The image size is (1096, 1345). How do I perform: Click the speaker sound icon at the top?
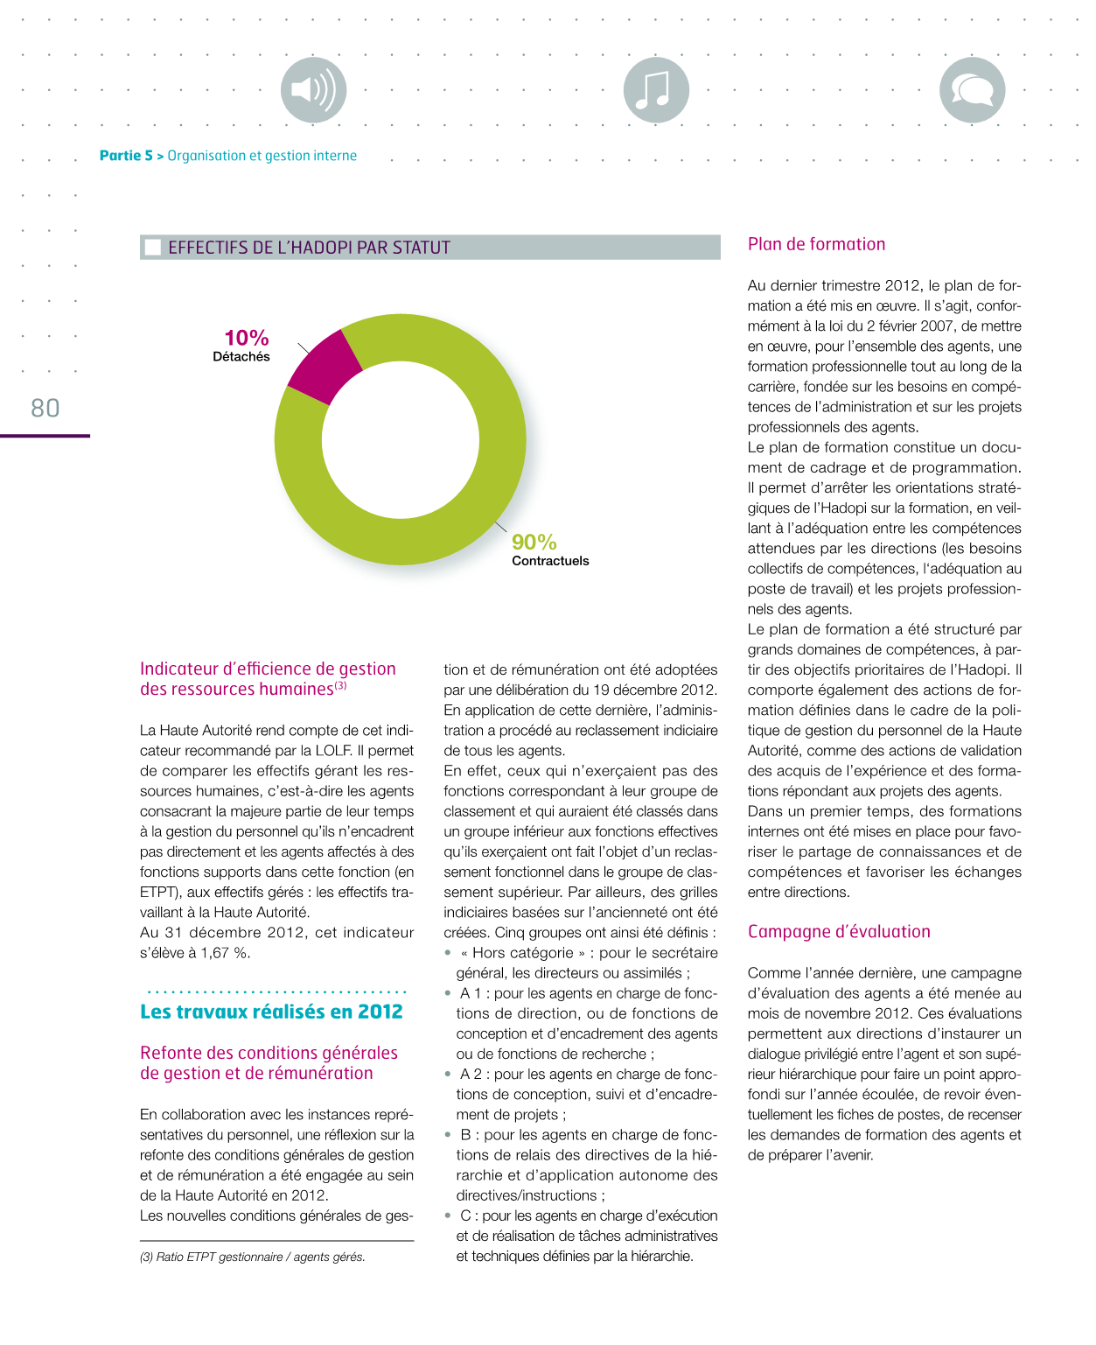[x=313, y=90]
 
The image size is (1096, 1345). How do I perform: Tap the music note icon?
[x=656, y=90]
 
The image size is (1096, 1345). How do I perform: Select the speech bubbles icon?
[x=972, y=90]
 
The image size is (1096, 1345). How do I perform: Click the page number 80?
[x=45, y=408]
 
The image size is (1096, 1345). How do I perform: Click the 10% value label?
[x=247, y=338]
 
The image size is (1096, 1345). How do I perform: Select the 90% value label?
[x=534, y=543]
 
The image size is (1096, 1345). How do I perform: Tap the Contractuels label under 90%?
[x=550, y=561]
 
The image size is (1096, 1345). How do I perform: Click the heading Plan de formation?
[x=816, y=244]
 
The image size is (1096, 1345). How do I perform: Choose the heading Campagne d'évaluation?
[x=839, y=932]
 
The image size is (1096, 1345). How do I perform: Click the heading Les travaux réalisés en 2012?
[x=271, y=1012]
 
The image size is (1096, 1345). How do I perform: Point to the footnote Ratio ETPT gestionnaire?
[x=252, y=1257]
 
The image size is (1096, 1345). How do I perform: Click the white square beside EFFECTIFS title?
[x=153, y=248]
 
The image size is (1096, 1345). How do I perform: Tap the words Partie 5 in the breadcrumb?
[x=126, y=156]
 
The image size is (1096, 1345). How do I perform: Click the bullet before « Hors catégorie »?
[x=448, y=953]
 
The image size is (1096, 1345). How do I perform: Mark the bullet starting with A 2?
[x=448, y=1075]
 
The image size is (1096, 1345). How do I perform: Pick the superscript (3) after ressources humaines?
[x=340, y=686]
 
